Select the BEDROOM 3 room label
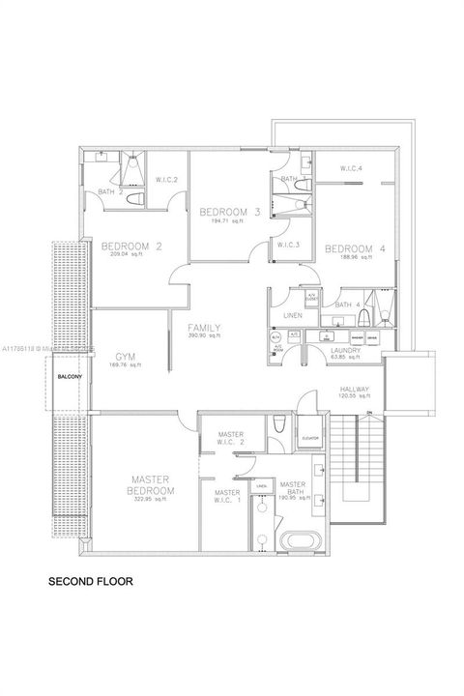point(230,212)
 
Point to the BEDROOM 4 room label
point(355,248)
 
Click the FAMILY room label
point(205,328)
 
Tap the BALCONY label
point(69,376)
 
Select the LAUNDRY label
point(345,350)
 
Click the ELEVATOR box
point(310,437)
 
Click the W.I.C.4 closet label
point(351,169)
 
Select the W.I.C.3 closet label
point(288,245)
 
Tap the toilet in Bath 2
point(135,199)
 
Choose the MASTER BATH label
point(292,488)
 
